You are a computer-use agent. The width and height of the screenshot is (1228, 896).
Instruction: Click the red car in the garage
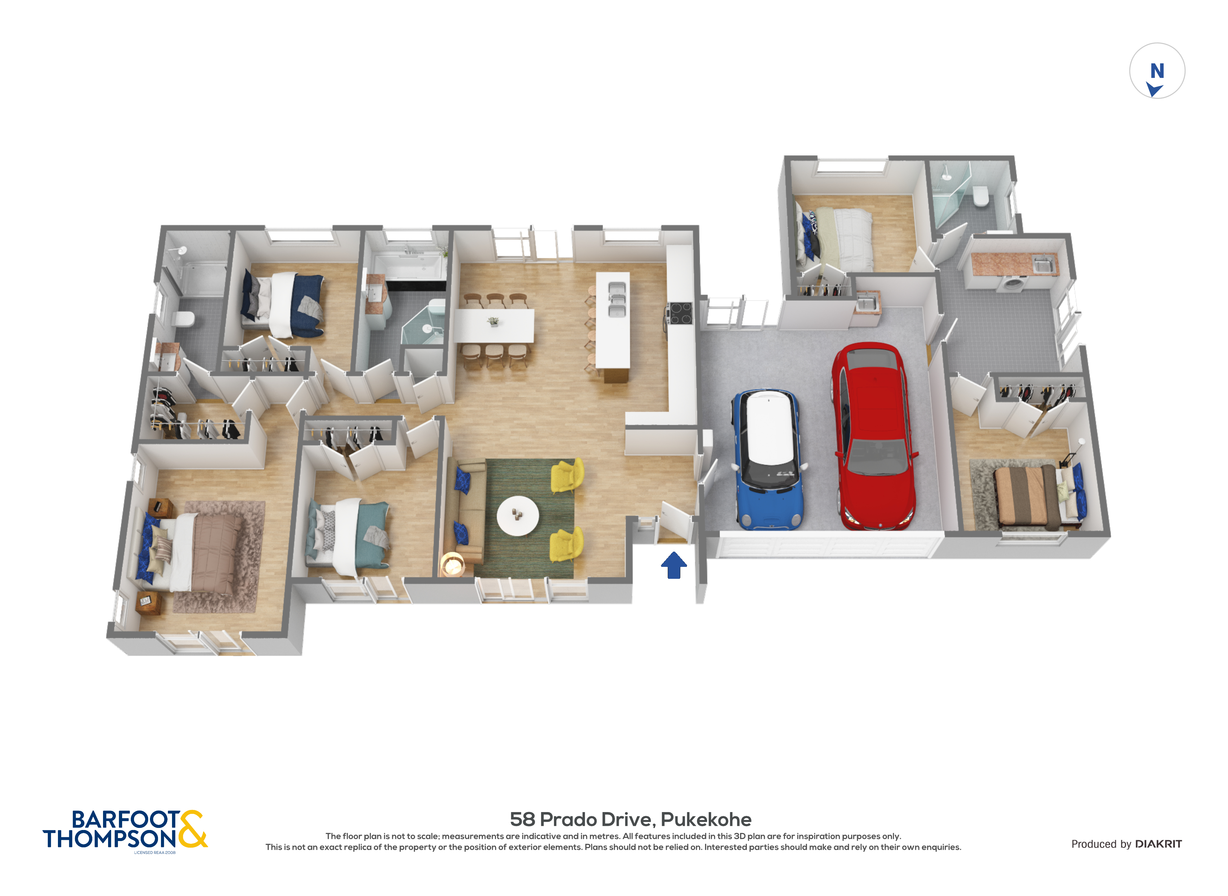(874, 437)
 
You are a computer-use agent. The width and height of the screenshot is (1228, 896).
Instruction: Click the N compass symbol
(1157, 71)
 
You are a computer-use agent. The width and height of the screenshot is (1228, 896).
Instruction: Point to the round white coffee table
(518, 515)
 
